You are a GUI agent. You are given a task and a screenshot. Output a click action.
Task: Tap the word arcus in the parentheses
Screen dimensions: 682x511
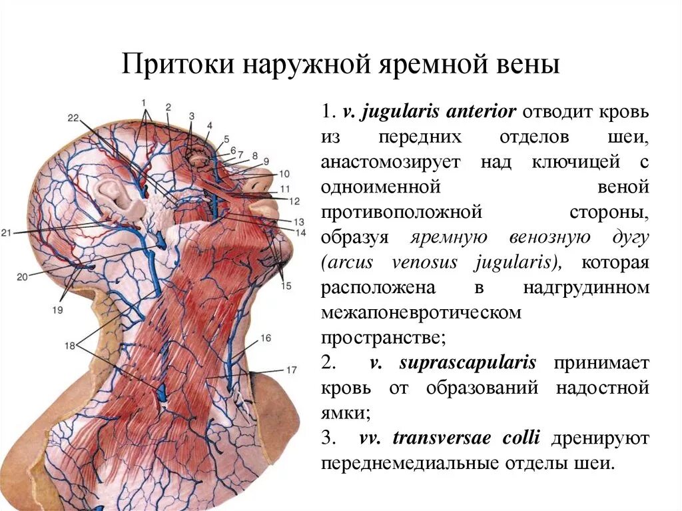coord(350,262)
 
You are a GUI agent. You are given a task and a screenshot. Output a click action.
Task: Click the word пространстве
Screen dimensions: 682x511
coord(382,337)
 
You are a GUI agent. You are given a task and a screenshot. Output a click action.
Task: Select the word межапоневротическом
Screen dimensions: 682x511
coord(421,312)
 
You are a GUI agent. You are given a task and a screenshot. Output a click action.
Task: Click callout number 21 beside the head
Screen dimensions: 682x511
coord(7,233)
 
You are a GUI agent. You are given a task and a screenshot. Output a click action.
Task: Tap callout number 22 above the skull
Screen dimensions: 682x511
coord(73,118)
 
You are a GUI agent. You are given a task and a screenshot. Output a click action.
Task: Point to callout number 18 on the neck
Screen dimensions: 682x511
coord(70,345)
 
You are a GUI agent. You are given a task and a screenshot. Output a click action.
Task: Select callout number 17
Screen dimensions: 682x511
coord(291,369)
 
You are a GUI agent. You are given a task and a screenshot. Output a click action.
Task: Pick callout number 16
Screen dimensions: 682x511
coord(265,338)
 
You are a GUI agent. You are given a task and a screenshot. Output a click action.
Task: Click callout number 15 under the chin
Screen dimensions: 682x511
coord(286,286)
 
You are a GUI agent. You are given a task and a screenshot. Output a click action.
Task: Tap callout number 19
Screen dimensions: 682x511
coord(57,310)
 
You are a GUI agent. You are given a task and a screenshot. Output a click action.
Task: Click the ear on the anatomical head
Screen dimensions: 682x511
coord(119,198)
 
